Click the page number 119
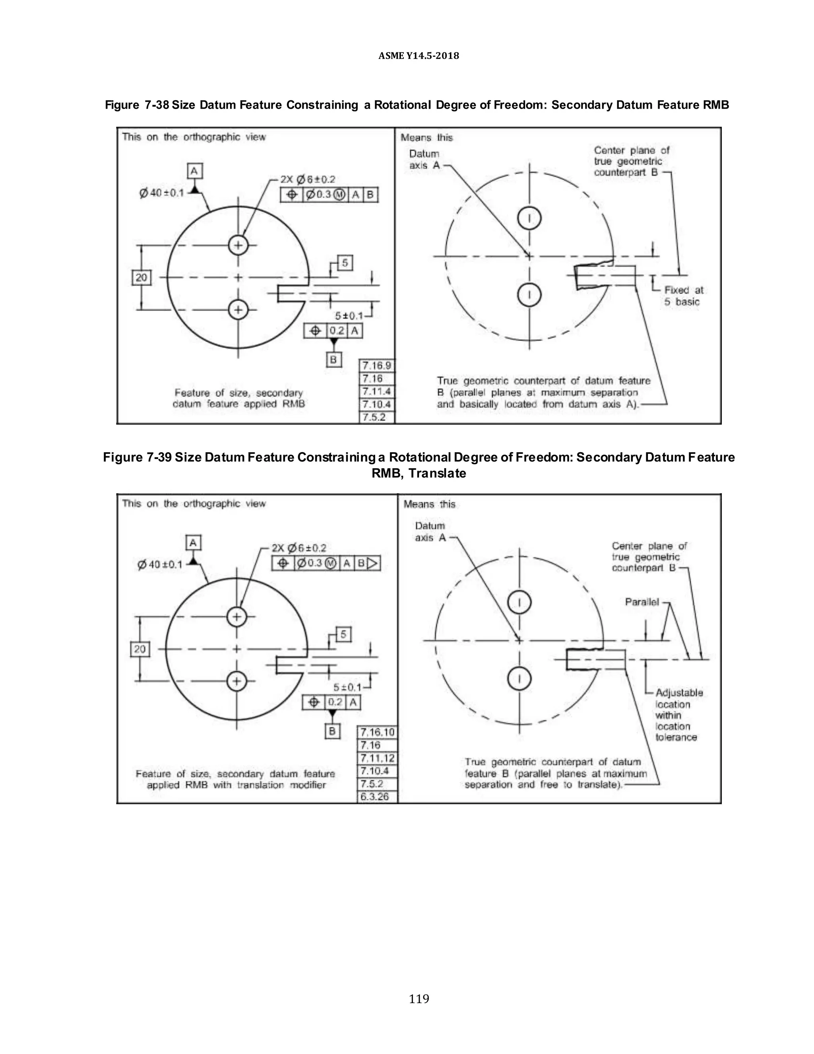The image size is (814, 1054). point(418,998)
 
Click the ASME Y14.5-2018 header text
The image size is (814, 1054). point(418,56)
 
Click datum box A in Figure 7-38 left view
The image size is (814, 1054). point(194,171)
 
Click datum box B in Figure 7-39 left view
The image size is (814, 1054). point(332,731)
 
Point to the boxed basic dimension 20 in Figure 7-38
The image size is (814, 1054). point(141,278)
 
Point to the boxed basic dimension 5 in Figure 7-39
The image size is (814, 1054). point(343,634)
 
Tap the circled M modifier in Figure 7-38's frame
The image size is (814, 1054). point(340,194)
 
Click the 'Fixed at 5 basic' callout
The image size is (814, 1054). point(683,296)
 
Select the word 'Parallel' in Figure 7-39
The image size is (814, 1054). point(642,602)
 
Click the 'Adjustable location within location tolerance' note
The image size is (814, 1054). point(678,715)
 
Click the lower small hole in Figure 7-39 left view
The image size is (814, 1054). point(236,681)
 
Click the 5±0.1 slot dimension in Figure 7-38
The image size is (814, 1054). point(349,316)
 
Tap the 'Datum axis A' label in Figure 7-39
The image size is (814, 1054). point(430,531)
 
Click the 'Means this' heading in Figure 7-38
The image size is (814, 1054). point(426,138)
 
